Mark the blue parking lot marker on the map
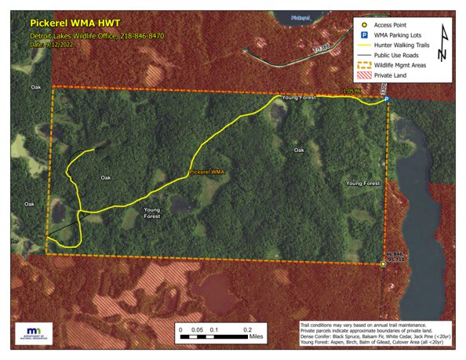tap(386, 100)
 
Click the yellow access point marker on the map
tap(383, 265)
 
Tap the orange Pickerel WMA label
tap(207, 171)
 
